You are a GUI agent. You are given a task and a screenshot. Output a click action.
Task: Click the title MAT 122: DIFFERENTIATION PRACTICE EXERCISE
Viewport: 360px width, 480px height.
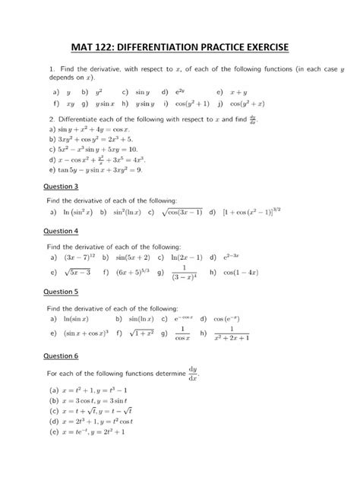(x=180, y=48)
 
